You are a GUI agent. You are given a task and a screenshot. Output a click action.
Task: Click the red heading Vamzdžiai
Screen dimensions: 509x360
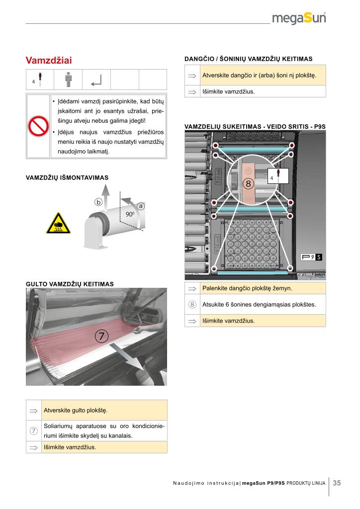(49, 61)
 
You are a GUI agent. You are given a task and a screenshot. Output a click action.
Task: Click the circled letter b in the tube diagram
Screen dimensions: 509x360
(98, 202)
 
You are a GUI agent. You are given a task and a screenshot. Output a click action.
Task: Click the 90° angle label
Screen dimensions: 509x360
(130, 214)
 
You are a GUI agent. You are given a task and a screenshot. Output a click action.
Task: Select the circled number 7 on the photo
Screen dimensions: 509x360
(101, 336)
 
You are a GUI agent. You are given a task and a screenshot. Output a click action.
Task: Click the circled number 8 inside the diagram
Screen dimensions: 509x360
(249, 183)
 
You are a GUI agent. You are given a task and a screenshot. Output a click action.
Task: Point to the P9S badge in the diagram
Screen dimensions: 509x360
(312, 257)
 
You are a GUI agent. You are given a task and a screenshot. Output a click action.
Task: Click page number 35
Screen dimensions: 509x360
(337, 483)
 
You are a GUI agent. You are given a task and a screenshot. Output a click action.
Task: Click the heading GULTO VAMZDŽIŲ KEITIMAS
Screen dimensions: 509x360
(70, 284)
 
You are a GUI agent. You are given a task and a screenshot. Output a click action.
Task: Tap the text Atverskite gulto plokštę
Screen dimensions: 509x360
(76, 411)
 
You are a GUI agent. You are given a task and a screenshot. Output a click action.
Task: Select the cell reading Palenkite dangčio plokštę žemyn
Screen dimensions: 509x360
(247, 288)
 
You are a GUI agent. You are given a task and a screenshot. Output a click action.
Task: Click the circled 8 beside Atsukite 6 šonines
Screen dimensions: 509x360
(192, 304)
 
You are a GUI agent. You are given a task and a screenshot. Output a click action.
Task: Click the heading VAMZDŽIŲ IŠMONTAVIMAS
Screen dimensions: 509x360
(67, 177)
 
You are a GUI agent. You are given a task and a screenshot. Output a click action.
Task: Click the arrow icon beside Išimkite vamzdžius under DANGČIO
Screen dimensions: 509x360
(192, 91)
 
